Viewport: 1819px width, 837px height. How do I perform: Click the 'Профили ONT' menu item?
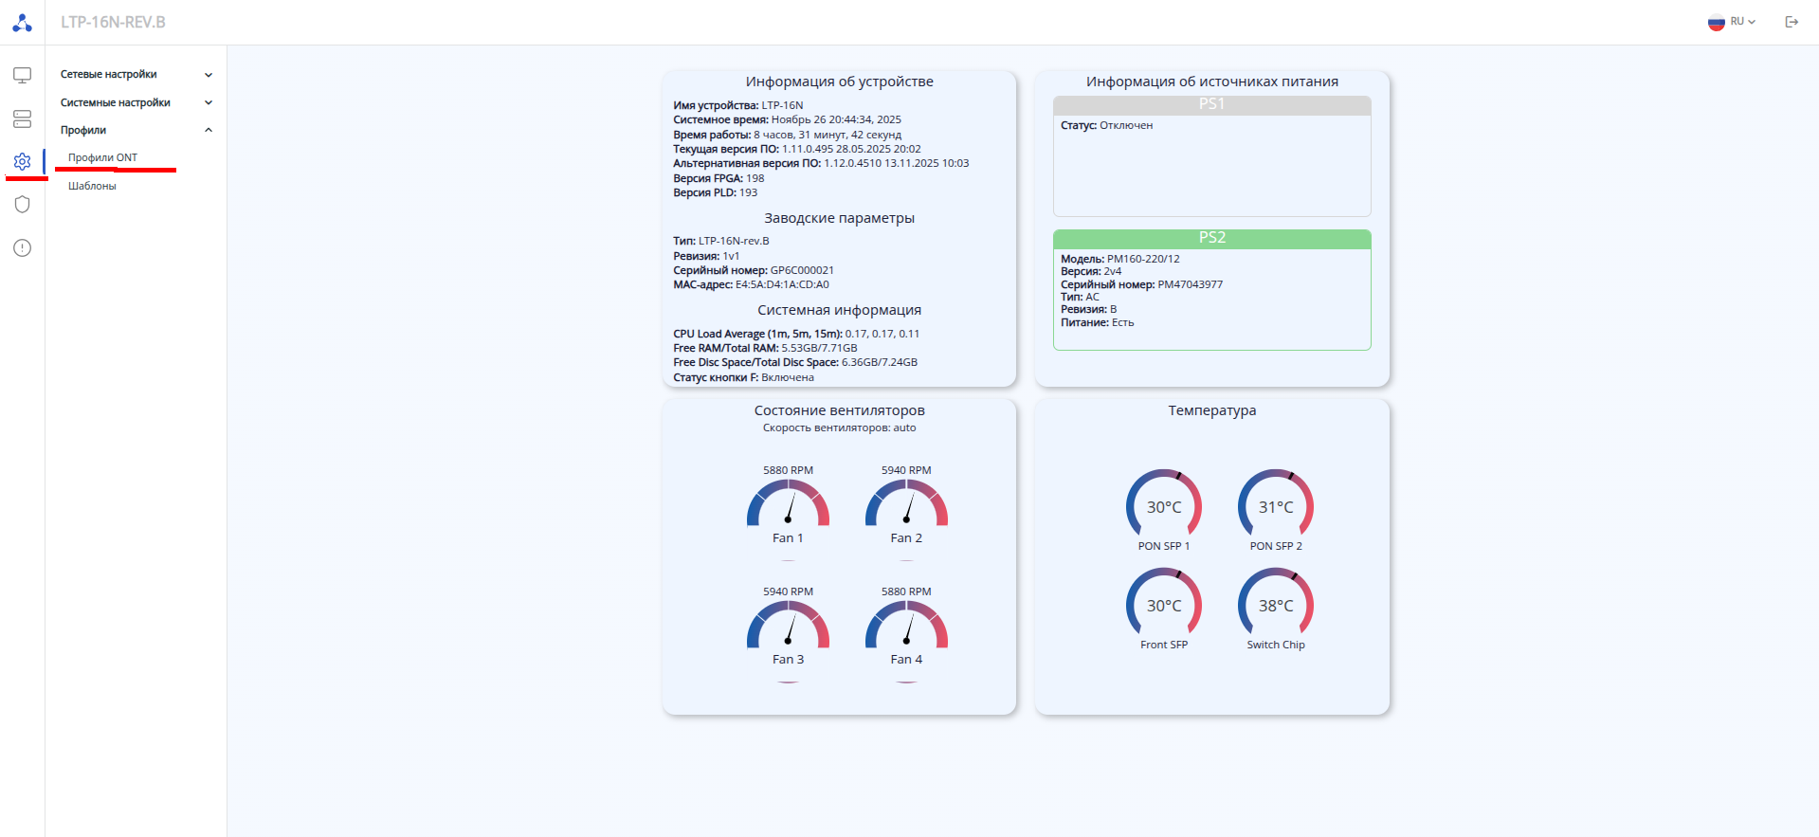pos(102,157)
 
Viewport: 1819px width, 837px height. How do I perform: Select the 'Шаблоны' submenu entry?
pos(92,186)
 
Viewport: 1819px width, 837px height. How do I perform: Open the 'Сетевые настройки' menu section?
pos(109,74)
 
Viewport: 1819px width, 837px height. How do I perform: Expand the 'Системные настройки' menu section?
pos(116,102)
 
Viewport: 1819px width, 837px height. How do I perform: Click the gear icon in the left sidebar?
pos(23,162)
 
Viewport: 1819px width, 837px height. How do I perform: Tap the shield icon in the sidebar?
pos(23,205)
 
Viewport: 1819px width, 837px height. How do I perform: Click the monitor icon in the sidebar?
pos(23,75)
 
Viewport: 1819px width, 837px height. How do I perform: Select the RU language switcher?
pos(1732,22)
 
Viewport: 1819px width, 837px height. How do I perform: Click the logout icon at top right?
pos(1792,22)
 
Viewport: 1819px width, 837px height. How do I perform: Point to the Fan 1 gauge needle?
pos(790,509)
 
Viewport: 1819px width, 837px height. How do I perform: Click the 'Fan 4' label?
pos(906,659)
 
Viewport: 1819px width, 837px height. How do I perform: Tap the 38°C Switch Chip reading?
pos(1276,606)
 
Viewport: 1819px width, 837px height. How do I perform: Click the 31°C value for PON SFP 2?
pos(1276,507)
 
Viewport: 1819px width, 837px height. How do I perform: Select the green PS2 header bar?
pos(1211,238)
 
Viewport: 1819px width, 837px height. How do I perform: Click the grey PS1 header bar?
pos(1211,104)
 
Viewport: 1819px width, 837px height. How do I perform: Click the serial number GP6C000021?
pos(802,270)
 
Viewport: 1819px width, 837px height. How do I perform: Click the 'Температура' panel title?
pos(1211,410)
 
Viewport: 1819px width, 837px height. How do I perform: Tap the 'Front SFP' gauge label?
pos(1164,645)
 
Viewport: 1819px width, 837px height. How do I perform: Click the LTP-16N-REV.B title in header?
pos(113,22)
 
